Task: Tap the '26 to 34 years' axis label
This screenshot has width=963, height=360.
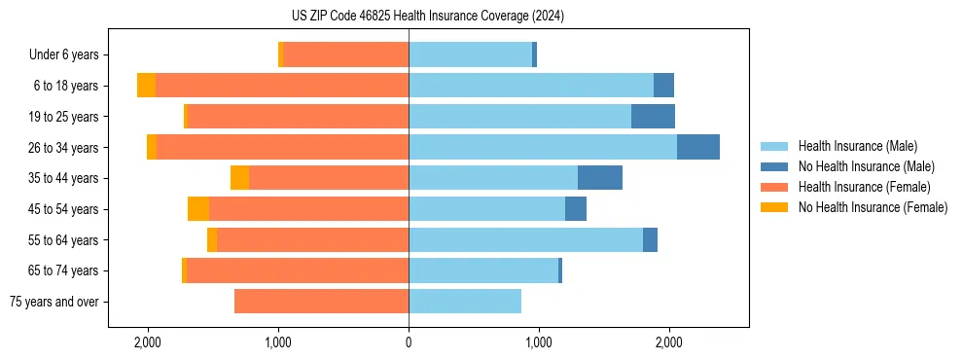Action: tap(65, 148)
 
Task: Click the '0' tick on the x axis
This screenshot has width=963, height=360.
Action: tap(409, 342)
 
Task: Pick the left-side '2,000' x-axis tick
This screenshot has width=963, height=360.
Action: tap(148, 342)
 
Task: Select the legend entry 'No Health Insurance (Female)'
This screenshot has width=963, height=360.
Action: tap(873, 207)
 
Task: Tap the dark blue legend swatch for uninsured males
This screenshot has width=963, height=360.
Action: tap(774, 166)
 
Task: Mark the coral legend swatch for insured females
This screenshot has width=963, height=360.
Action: tap(774, 187)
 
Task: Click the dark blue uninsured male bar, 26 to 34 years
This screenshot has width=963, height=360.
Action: tap(698, 147)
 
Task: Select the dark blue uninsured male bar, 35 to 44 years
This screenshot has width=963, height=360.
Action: tap(600, 178)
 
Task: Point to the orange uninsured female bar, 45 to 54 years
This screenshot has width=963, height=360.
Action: tap(198, 209)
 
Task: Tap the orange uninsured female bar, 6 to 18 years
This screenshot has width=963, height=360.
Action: tap(146, 86)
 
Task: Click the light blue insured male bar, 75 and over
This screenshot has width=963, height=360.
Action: tap(465, 302)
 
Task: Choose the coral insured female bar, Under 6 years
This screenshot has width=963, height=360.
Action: tap(346, 54)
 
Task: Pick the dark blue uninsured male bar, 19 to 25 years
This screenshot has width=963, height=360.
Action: tap(653, 117)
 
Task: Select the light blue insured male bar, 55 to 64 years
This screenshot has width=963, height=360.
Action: tap(525, 239)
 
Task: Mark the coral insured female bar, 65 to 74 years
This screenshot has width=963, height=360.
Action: tap(297, 270)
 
